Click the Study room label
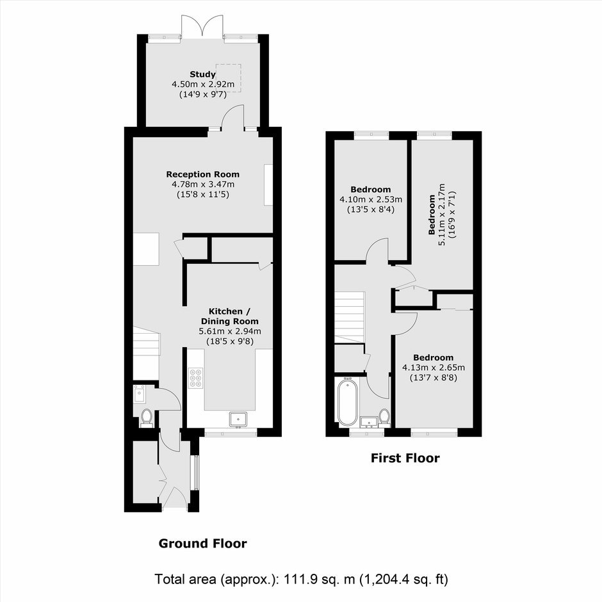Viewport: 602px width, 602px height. [x=203, y=74]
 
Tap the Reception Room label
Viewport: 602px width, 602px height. [x=203, y=174]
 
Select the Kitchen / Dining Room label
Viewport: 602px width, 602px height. [x=229, y=316]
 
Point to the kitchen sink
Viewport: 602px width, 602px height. [x=239, y=419]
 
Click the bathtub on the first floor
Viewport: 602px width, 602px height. [x=348, y=401]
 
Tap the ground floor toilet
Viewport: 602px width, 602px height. [x=146, y=418]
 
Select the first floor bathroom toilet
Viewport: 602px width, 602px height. [x=384, y=418]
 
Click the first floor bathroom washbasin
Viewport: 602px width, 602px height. [x=370, y=422]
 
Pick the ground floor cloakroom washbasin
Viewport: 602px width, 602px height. [x=139, y=393]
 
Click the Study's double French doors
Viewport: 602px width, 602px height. [x=202, y=26]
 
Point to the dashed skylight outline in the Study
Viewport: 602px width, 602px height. [x=229, y=78]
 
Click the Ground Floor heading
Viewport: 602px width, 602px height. [x=203, y=543]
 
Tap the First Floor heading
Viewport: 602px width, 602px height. [x=405, y=458]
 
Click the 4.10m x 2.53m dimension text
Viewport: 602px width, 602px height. [x=371, y=200]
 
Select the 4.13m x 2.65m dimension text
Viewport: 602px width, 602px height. [x=434, y=368]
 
